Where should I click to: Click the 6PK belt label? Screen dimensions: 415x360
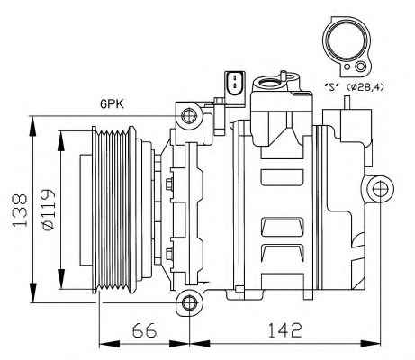pyautogui.click(x=112, y=104)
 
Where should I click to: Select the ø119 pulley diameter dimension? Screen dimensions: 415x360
pyautogui.click(x=48, y=210)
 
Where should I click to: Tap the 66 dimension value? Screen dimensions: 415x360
pyautogui.click(x=145, y=330)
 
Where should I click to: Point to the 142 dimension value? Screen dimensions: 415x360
pyautogui.click(x=284, y=330)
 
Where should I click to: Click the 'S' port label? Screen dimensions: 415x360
pyautogui.click(x=332, y=87)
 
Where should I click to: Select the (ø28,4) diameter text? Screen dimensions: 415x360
pyautogui.click(x=365, y=87)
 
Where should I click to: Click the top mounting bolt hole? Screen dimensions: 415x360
pyautogui.click(x=190, y=115)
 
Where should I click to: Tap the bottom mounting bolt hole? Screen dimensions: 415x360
pyautogui.click(x=190, y=302)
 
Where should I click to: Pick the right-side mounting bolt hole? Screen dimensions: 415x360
pyautogui.click(x=380, y=189)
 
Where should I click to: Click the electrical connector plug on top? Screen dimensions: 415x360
pyautogui.click(x=234, y=84)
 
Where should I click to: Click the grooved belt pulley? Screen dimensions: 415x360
pyautogui.click(x=113, y=210)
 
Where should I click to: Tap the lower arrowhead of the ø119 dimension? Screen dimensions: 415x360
pyautogui.click(x=61, y=279)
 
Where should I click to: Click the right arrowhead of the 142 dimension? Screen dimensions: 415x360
pyautogui.click(x=370, y=344)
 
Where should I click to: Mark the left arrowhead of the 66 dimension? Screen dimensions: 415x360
pyautogui.click(x=109, y=344)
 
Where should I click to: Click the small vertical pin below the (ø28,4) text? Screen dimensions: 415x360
pyautogui.click(x=347, y=103)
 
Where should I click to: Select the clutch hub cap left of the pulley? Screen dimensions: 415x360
pyautogui.click(x=86, y=210)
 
